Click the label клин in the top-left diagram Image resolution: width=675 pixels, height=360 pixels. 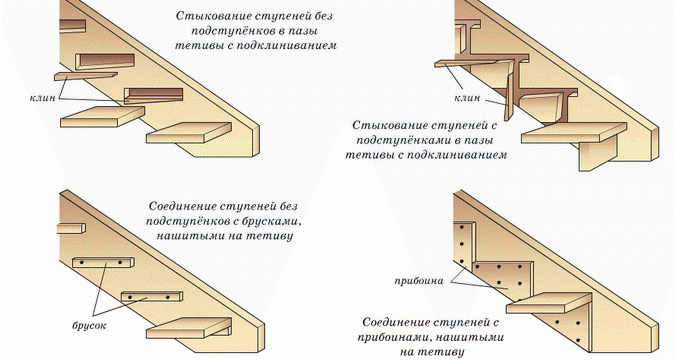click(43, 98)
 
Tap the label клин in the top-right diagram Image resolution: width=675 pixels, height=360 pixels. click(467, 98)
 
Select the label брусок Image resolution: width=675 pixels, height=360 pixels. click(89, 325)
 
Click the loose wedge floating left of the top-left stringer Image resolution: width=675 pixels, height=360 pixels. click(86, 76)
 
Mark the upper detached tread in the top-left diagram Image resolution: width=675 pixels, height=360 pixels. click(102, 117)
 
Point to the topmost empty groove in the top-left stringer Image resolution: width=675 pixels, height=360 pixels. click(105, 61)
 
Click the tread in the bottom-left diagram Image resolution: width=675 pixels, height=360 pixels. click(189, 328)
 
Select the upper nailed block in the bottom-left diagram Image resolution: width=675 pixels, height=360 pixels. click(103, 262)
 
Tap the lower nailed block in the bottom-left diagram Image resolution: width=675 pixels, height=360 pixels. click(152, 297)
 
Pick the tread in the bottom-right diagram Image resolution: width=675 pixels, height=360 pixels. click(549, 303)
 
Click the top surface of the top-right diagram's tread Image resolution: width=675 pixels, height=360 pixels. click(574, 129)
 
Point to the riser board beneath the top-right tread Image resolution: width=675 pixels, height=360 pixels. click(597, 155)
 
